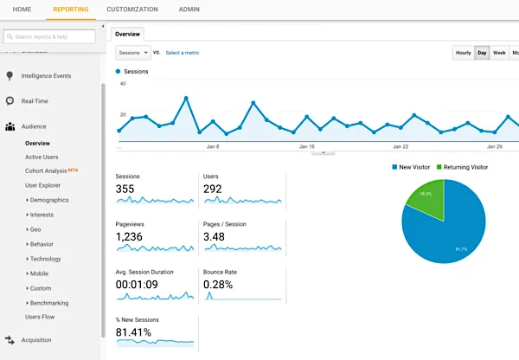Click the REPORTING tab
tap(70, 9)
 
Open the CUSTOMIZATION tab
tap(131, 9)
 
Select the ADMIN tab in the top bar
tap(189, 9)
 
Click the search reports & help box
tap(50, 36)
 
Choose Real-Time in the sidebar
tap(34, 101)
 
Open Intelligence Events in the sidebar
tap(46, 75)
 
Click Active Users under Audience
tap(42, 157)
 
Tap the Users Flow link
tap(39, 318)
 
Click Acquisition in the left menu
tap(36, 340)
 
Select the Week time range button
tap(499, 53)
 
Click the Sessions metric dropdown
tap(133, 53)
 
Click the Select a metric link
tap(182, 53)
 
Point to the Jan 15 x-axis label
tap(306, 147)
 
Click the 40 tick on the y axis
tap(123, 84)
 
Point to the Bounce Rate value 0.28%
tap(220, 285)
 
